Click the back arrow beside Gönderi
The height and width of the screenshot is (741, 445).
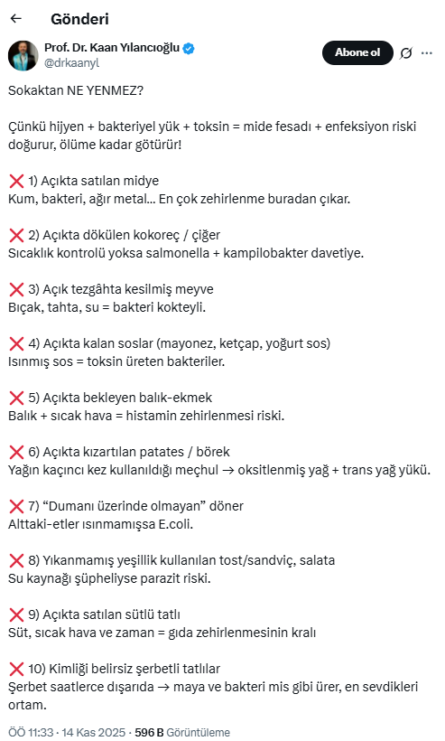click(16, 18)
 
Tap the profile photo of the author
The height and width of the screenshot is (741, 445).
click(23, 55)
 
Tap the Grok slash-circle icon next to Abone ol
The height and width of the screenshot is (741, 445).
click(405, 53)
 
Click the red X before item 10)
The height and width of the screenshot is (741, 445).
click(15, 669)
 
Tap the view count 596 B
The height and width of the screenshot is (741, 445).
click(149, 732)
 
